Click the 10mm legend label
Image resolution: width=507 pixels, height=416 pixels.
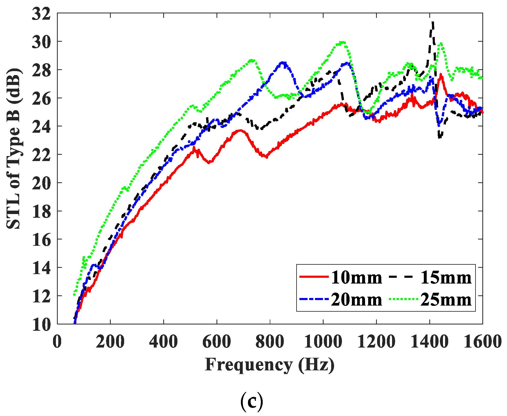(x=356, y=278)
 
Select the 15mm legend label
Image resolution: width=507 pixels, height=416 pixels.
(x=446, y=278)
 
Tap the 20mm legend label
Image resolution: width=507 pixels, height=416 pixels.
(x=356, y=300)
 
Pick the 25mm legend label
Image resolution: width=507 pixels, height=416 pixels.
(x=446, y=300)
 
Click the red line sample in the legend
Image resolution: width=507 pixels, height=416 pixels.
(x=314, y=277)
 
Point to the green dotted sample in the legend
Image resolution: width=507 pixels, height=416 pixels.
(x=403, y=299)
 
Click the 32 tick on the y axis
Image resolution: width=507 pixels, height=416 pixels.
(x=41, y=14)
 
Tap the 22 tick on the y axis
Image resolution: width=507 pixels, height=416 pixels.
(x=41, y=155)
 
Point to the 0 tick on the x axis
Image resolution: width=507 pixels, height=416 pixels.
(x=57, y=342)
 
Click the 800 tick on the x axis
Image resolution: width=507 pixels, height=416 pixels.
(x=270, y=342)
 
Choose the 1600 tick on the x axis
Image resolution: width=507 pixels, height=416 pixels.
(x=482, y=342)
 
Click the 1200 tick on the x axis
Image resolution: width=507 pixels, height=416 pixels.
(x=376, y=342)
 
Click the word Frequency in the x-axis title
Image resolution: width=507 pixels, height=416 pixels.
(x=249, y=365)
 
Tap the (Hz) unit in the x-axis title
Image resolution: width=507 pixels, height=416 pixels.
(x=316, y=365)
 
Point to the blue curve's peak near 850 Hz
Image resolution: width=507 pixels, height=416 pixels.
(x=283, y=63)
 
